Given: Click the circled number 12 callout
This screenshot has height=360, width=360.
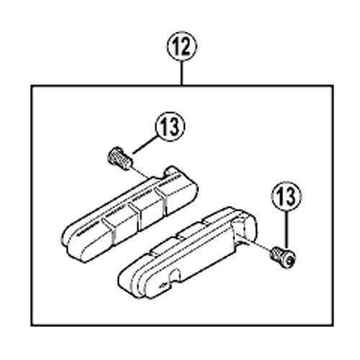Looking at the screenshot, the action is point(181,46).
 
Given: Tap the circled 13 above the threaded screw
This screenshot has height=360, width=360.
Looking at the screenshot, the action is point(170,126).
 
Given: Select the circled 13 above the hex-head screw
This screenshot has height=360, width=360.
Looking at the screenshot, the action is point(287,196).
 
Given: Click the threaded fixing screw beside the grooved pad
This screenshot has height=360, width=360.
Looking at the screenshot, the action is point(120,158).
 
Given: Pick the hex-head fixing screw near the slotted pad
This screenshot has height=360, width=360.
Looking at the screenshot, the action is point(283,257).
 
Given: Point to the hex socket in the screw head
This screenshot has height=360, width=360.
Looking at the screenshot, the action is point(289,260).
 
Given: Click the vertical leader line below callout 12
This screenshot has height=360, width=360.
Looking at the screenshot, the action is point(181,73).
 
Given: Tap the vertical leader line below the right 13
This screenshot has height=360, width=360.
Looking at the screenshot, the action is point(287,230).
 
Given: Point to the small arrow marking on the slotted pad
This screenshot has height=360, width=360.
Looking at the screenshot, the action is point(163,286).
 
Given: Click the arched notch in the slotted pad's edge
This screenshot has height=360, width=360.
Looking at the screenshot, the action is point(174,274).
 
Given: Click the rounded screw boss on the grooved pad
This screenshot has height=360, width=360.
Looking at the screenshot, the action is point(171,171).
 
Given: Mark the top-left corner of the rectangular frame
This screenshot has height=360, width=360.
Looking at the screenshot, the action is point(31,86).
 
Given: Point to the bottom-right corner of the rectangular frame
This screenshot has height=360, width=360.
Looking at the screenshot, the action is point(333,325).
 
